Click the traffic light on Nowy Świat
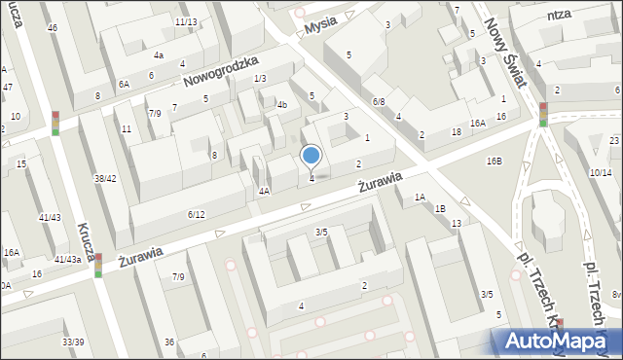tap(543, 115)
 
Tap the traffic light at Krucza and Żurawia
tap(98, 265)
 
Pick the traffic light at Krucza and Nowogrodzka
tap(55, 122)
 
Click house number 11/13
tap(186, 21)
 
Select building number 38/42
tap(105, 178)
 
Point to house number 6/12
tap(196, 214)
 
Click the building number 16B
tap(495, 160)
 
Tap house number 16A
tap(477, 124)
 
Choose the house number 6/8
tap(379, 101)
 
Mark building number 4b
tap(281, 104)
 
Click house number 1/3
tap(260, 78)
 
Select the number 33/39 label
tap(73, 342)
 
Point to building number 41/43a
tap(67, 259)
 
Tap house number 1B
tap(441, 208)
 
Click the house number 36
tap(169, 342)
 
